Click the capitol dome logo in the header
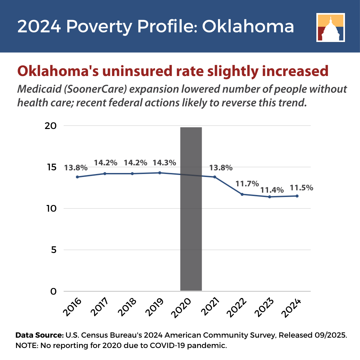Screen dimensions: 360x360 point(330,27)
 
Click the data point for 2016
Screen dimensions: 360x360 point(77,177)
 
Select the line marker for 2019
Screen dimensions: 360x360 point(160,173)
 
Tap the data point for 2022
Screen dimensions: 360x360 point(242,194)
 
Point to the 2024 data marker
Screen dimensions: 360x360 point(297,196)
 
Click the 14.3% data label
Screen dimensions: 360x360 point(164,163)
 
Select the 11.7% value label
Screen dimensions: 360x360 point(247,184)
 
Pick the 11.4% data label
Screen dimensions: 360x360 point(272,190)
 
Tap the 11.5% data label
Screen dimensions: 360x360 point(301,188)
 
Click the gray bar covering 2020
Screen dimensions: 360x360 point(191,209)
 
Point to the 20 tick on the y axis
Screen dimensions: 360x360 point(51,126)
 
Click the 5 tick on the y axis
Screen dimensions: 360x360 point(54,250)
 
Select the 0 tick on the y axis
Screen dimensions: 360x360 point(53,291)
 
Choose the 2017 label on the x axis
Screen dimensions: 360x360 point(99,307)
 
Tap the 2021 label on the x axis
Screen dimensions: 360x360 point(210,307)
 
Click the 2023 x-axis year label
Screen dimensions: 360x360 point(264,307)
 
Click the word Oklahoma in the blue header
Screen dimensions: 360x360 point(248,26)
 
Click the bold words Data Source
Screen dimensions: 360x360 point(39,335)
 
